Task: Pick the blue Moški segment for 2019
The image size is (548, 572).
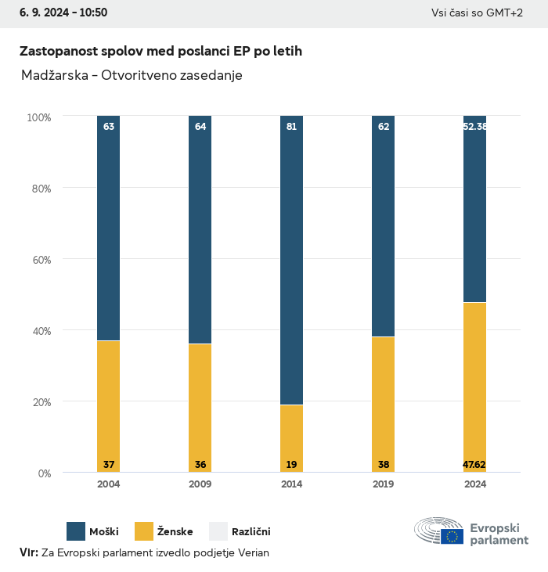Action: [383, 227]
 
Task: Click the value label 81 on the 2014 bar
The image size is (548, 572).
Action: [291, 126]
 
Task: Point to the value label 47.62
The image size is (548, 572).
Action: [474, 465]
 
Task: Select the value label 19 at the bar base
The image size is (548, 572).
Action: [291, 465]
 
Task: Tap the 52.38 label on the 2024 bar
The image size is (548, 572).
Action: [474, 126]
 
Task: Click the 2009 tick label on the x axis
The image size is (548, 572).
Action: [200, 484]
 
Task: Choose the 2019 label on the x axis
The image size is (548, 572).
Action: [383, 484]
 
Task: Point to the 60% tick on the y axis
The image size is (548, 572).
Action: [39, 259]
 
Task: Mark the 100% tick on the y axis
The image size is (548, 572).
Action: [38, 117]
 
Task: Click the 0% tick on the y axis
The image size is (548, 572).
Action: [44, 473]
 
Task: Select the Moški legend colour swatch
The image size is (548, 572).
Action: [76, 531]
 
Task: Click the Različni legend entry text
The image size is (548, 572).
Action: [251, 532]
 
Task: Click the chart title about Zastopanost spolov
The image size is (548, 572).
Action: [160, 51]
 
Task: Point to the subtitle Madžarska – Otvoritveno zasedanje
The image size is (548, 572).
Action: [132, 75]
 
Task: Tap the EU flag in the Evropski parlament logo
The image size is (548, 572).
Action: [452, 536]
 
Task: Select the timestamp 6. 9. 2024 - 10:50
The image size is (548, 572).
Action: [63, 13]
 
